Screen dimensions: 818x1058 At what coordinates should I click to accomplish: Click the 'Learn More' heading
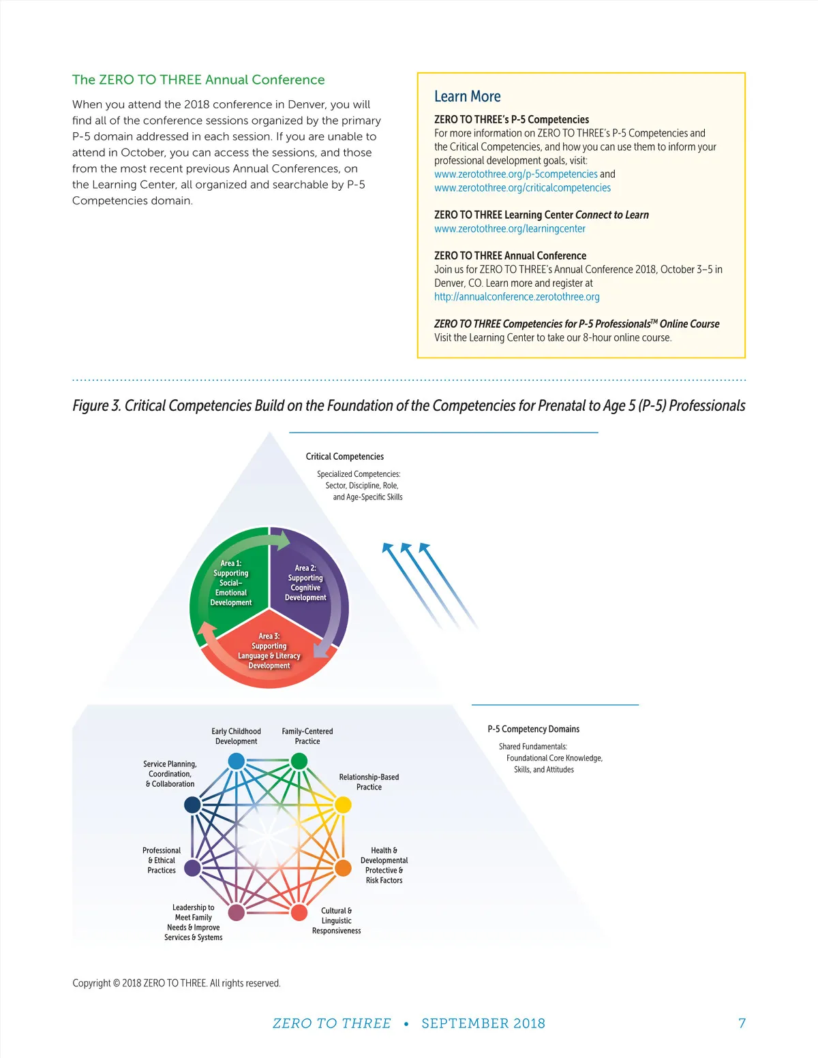click(467, 97)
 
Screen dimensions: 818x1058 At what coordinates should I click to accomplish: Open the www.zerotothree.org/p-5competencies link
click(515, 174)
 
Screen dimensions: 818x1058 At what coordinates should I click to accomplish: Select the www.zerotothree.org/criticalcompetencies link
click(522, 188)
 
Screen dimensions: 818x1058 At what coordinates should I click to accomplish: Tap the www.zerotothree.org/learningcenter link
click(510, 229)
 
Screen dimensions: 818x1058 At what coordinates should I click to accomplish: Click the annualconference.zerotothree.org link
click(517, 297)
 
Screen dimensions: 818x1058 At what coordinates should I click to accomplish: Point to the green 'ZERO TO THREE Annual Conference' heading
click(198, 80)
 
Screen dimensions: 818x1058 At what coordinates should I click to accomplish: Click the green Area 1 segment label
click(231, 582)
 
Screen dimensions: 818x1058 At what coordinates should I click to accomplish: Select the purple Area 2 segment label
click(305, 582)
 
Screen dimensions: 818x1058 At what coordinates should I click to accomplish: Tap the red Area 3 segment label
click(269, 651)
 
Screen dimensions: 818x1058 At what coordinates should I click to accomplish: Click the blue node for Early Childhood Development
click(237, 761)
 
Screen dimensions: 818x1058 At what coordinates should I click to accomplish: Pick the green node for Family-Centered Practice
click(299, 761)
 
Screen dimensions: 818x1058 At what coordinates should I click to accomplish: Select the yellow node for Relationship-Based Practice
click(343, 805)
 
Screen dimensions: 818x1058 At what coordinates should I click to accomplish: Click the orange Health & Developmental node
click(343, 868)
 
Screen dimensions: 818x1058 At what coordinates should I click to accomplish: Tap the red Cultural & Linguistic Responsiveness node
click(299, 912)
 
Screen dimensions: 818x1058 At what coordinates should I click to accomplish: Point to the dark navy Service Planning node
click(192, 805)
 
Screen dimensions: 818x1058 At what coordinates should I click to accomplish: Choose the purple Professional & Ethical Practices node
click(192, 868)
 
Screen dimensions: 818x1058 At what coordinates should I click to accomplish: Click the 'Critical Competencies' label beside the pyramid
click(344, 456)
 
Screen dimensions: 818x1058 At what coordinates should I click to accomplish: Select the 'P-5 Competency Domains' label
click(534, 730)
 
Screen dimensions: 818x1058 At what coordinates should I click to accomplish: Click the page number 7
click(742, 1023)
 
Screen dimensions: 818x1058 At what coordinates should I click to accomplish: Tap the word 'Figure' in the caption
click(90, 405)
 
